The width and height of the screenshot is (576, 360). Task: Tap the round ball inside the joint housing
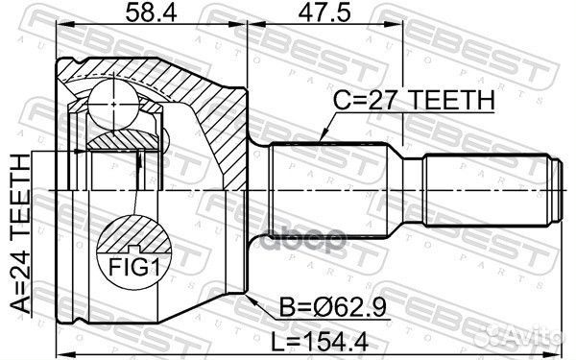pos(113,99)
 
